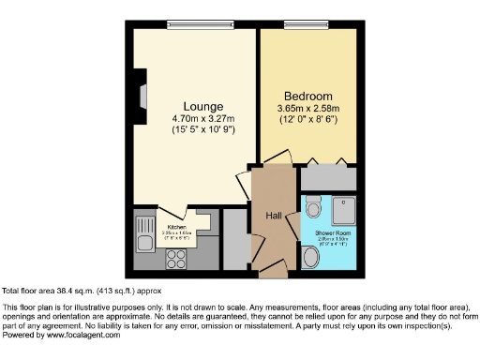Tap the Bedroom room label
[x=309, y=96]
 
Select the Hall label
[x=274, y=217]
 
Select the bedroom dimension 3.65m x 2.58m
[x=309, y=109]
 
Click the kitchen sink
[x=145, y=242]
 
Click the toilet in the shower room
[x=312, y=204]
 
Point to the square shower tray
[x=340, y=207]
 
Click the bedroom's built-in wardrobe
[x=328, y=177]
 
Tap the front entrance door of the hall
[x=273, y=273]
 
